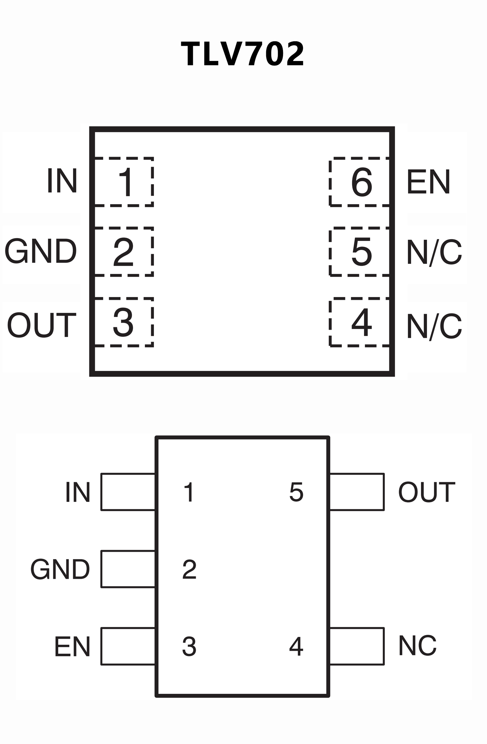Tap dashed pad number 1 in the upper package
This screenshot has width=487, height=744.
(124, 182)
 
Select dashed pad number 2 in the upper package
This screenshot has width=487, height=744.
(124, 252)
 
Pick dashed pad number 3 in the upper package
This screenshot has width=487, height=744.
(124, 322)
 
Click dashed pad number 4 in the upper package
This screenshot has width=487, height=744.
(360, 322)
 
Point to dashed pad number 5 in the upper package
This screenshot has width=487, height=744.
(360, 252)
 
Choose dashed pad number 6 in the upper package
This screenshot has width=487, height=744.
(360, 182)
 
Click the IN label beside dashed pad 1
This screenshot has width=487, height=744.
(62, 180)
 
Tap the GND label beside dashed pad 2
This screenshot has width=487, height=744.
(41, 251)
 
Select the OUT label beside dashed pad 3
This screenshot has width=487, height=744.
(42, 325)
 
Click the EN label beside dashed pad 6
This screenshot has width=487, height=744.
(428, 182)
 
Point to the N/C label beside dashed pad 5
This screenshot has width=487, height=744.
(434, 252)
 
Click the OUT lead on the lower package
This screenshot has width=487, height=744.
(357, 492)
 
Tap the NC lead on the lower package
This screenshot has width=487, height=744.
(357, 646)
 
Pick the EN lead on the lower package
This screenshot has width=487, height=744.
(128, 646)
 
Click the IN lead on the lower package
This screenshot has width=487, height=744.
(128, 492)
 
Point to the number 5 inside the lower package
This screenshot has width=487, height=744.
(296, 492)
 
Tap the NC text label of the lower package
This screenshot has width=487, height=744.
(418, 646)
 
